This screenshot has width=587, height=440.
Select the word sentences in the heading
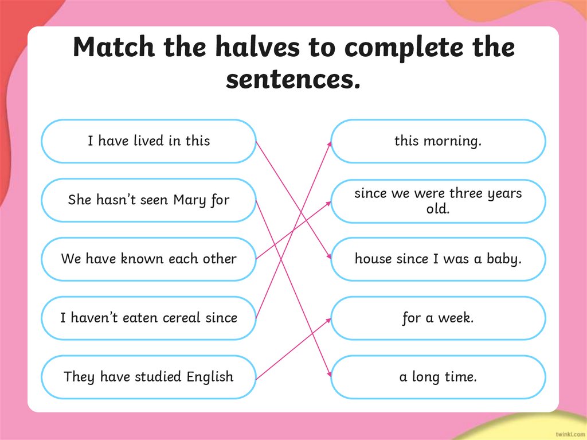(293, 79)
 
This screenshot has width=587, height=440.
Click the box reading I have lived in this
(148, 141)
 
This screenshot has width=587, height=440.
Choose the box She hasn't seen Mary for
(148, 200)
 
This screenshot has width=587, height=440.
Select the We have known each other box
(148, 259)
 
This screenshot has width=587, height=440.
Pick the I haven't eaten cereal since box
(148, 318)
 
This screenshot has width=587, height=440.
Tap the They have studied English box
(148, 377)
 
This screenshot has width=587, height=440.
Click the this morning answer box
(438, 141)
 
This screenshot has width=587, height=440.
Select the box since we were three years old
(438, 201)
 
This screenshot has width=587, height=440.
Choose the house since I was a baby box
(438, 259)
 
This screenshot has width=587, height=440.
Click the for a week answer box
(438, 318)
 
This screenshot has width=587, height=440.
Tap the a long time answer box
(438, 377)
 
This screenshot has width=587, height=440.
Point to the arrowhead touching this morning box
(330, 144)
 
